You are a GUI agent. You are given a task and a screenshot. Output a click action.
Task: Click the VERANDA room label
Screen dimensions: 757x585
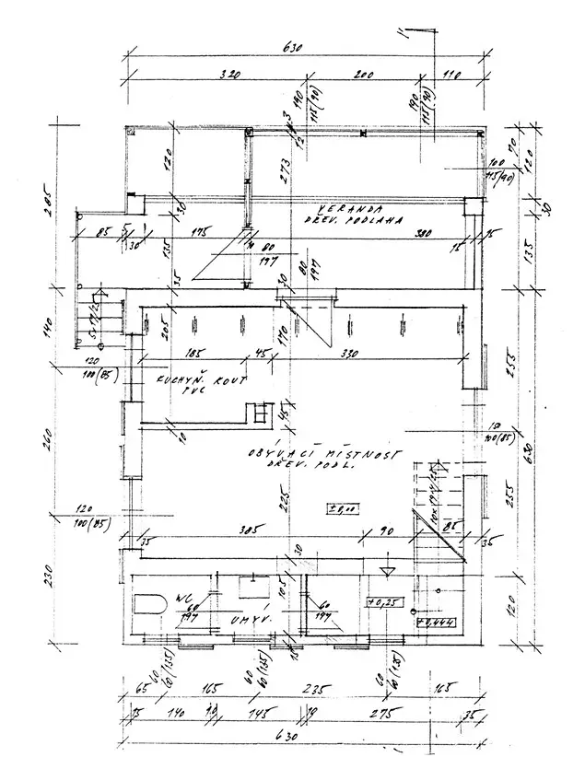click(338, 208)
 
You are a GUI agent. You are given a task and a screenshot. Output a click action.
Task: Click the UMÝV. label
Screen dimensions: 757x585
click(254, 622)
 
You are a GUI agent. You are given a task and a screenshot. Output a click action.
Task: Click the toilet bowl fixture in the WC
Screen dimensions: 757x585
click(148, 606)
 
